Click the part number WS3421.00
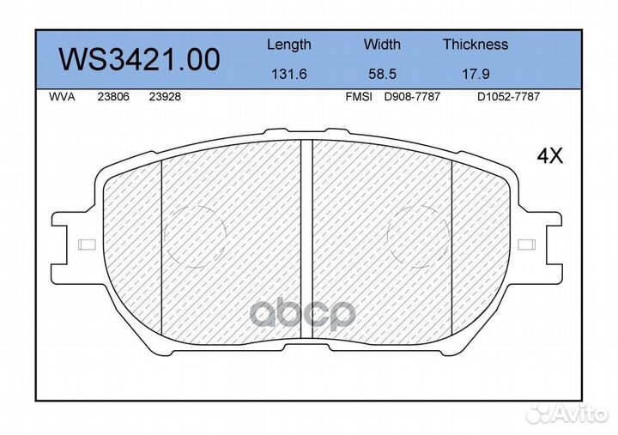pos(138,59)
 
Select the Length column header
pos(288,45)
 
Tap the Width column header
pos(382,45)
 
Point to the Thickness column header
pos(475,45)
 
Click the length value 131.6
pos(288,74)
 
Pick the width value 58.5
pos(382,74)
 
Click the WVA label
pos(63,97)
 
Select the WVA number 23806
pos(114,97)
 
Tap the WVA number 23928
pos(164,97)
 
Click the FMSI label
pos(358,97)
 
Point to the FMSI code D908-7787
pos(411,97)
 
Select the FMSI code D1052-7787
pos(508,97)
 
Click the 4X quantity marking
pos(548,155)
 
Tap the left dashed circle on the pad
pos(194,236)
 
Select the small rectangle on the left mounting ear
pos(87,245)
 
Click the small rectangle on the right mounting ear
pos(527,245)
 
